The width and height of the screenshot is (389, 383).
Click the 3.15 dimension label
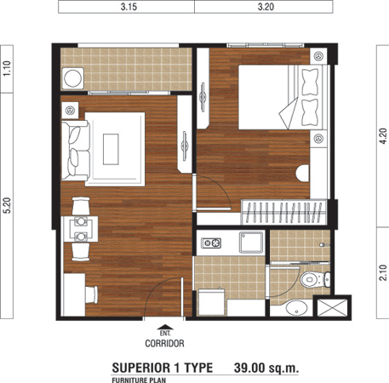pos(129,7)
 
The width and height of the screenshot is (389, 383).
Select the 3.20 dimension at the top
pos(266,7)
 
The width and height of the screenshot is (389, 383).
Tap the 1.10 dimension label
pos(7,68)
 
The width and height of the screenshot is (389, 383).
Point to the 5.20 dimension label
pos(7,205)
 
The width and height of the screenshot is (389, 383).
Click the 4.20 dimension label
pos(383,136)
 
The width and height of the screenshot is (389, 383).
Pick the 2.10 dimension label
pos(383,272)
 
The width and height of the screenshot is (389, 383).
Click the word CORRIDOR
pos(164,344)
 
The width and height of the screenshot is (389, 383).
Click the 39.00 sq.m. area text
pos(266,368)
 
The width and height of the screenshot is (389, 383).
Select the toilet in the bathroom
pos(315,279)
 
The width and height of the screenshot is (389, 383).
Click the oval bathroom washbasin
pos(297,307)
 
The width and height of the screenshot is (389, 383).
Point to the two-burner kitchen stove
pos(211,243)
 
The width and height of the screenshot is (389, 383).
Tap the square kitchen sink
pos(251,242)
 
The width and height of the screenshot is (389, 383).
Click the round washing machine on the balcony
pos(72,78)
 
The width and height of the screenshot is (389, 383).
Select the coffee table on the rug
pos(111,149)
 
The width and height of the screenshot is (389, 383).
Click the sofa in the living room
pos(76,151)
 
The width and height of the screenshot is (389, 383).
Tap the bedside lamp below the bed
pos(318,139)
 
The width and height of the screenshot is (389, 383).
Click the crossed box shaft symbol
pos(332,307)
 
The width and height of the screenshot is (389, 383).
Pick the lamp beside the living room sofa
pos(70,110)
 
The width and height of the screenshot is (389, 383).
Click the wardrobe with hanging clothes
pos(283,212)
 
